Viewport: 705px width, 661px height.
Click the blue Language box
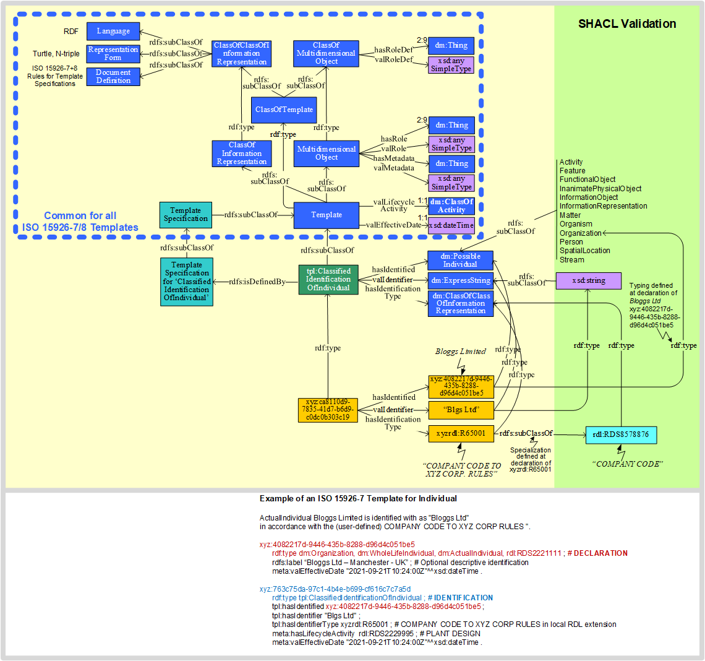click(113, 31)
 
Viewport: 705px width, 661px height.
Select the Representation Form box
click(113, 54)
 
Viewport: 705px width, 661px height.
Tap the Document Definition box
click(113, 77)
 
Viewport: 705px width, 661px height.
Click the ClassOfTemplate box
click(284, 110)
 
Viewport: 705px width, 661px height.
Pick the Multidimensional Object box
click(327, 153)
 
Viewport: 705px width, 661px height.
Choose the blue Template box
click(326, 215)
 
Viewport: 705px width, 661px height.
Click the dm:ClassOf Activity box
click(451, 206)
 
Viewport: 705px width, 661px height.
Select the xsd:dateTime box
click(451, 225)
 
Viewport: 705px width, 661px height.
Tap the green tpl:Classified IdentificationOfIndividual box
click(328, 279)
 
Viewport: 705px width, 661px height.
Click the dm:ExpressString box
click(461, 280)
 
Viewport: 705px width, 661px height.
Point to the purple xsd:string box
click(588, 281)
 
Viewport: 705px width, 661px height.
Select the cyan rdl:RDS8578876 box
click(621, 434)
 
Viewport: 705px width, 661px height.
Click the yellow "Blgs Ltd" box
click(461, 410)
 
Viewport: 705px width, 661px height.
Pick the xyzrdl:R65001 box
click(461, 433)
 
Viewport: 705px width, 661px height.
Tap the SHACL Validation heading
click(627, 24)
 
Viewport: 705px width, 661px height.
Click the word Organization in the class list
click(581, 233)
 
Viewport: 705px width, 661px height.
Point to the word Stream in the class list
click(572, 260)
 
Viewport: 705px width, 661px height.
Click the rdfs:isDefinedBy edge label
click(257, 282)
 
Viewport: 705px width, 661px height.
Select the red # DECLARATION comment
click(597, 553)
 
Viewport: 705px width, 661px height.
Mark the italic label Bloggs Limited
click(461, 352)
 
